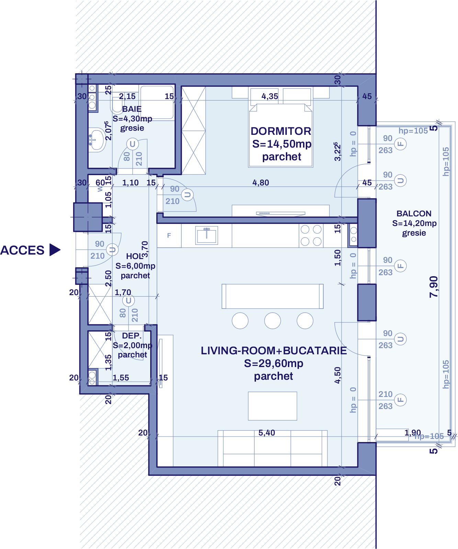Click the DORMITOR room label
click(x=281, y=131)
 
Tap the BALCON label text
click(x=414, y=214)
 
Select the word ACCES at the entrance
click(x=22, y=250)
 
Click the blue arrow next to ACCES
click(x=54, y=250)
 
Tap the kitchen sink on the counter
click(x=206, y=235)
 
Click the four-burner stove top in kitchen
click(x=311, y=235)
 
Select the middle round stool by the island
click(x=272, y=321)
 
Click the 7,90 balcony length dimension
click(x=434, y=287)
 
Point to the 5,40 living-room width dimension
click(x=267, y=433)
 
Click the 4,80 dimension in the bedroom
click(x=260, y=183)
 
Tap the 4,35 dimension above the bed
click(x=270, y=96)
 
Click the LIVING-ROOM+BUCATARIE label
click(x=273, y=351)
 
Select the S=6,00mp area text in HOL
click(x=135, y=266)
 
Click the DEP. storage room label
click(x=132, y=336)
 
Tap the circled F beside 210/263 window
click(x=400, y=400)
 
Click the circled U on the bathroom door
click(x=132, y=144)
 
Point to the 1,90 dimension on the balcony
click(x=412, y=432)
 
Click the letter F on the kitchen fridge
click(x=169, y=236)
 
